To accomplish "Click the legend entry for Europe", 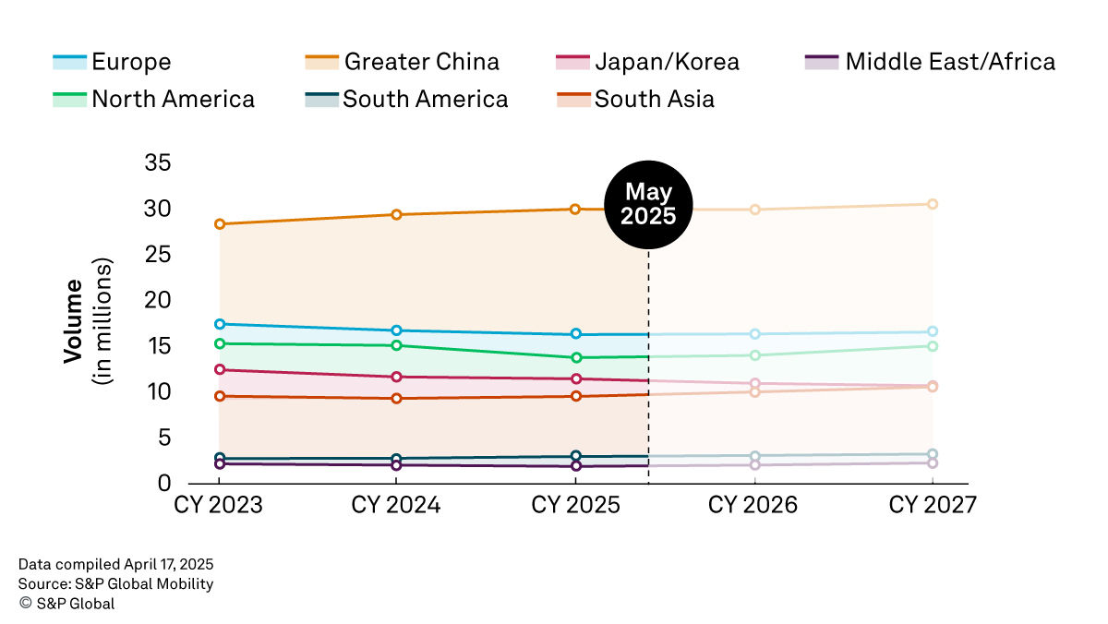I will point(111,63).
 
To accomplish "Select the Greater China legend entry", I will point(402,63).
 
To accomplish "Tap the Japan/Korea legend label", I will point(646,63).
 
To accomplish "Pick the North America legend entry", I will point(152,99).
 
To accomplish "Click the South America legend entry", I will point(405,99).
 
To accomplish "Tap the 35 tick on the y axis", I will point(158,163).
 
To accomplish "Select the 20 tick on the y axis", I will point(158,301).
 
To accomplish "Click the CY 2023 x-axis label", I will point(219,506).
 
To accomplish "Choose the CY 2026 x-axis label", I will point(753,506).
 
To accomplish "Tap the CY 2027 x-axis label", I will point(932,506).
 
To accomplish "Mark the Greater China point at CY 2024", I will point(396,215).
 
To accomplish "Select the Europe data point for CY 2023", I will point(219,324).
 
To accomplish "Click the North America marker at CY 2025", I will point(575,357).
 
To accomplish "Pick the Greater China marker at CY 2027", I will point(933,204).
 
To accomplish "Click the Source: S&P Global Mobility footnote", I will point(115,583).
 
